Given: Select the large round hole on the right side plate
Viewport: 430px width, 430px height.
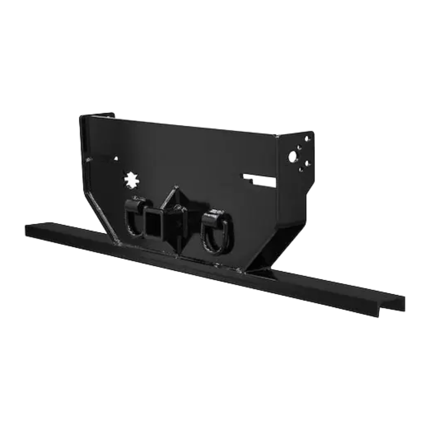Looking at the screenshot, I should click(293, 156).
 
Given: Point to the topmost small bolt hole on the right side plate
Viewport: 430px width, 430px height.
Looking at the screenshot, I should click(307, 139).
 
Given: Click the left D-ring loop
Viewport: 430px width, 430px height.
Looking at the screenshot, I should click(132, 221).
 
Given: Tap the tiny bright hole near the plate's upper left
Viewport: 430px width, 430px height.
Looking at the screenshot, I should click(116, 158).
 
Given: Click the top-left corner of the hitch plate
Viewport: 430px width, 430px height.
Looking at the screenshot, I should click(81, 116).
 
